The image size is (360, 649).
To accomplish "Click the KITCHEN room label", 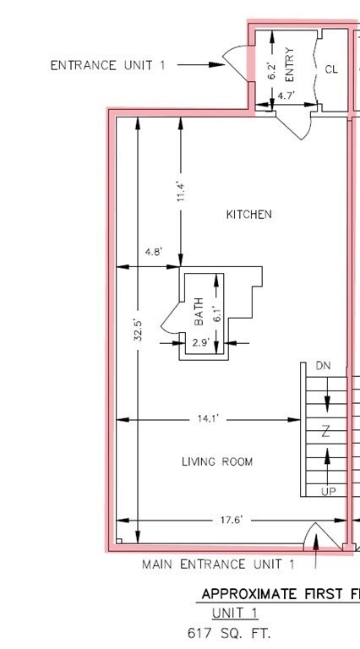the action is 249,215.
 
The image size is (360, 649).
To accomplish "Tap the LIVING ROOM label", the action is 217,461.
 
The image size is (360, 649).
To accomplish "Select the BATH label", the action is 199,311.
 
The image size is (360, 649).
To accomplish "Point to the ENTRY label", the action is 290,64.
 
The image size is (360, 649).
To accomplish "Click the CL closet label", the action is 331,69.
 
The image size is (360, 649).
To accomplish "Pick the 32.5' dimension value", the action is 139,330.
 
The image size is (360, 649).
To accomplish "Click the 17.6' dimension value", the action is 232,520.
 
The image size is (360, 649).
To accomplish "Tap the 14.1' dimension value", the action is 208,419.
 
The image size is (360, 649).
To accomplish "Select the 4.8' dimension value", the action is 154,252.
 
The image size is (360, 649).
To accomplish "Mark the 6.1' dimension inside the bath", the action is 218,314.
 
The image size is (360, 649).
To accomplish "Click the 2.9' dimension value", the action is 201,343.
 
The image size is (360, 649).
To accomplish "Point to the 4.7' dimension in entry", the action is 286,95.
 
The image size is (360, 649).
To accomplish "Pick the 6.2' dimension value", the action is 272,71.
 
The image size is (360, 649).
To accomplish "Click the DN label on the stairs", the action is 323,366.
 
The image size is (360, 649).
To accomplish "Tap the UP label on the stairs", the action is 329,491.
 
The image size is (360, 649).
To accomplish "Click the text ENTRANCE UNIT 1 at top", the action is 107,65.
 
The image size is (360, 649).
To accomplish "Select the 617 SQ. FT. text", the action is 229,633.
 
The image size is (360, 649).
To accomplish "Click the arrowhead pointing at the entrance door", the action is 217,64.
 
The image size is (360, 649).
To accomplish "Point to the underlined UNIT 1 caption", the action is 235,613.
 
